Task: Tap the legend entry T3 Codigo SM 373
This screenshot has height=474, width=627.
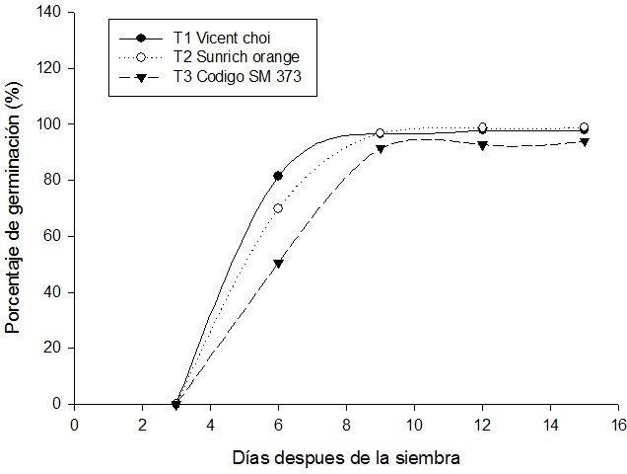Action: (x=229, y=76)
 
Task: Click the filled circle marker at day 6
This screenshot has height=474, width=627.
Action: (x=278, y=176)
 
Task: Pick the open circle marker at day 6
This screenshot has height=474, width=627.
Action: (x=278, y=208)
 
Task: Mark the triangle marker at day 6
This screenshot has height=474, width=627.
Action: (x=278, y=264)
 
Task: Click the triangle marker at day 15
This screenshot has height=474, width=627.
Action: (x=585, y=142)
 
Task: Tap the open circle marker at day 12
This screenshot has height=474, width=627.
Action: (x=482, y=127)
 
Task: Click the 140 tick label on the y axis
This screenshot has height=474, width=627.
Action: (x=48, y=13)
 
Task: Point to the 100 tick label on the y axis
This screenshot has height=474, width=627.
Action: (x=48, y=124)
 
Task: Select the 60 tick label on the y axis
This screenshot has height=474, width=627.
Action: (x=52, y=236)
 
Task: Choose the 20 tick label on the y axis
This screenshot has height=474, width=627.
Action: (x=52, y=348)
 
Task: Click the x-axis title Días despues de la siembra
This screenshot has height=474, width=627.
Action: (x=346, y=457)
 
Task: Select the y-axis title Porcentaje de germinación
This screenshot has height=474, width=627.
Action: (x=14, y=208)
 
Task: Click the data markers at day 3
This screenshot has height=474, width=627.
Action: (x=176, y=404)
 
